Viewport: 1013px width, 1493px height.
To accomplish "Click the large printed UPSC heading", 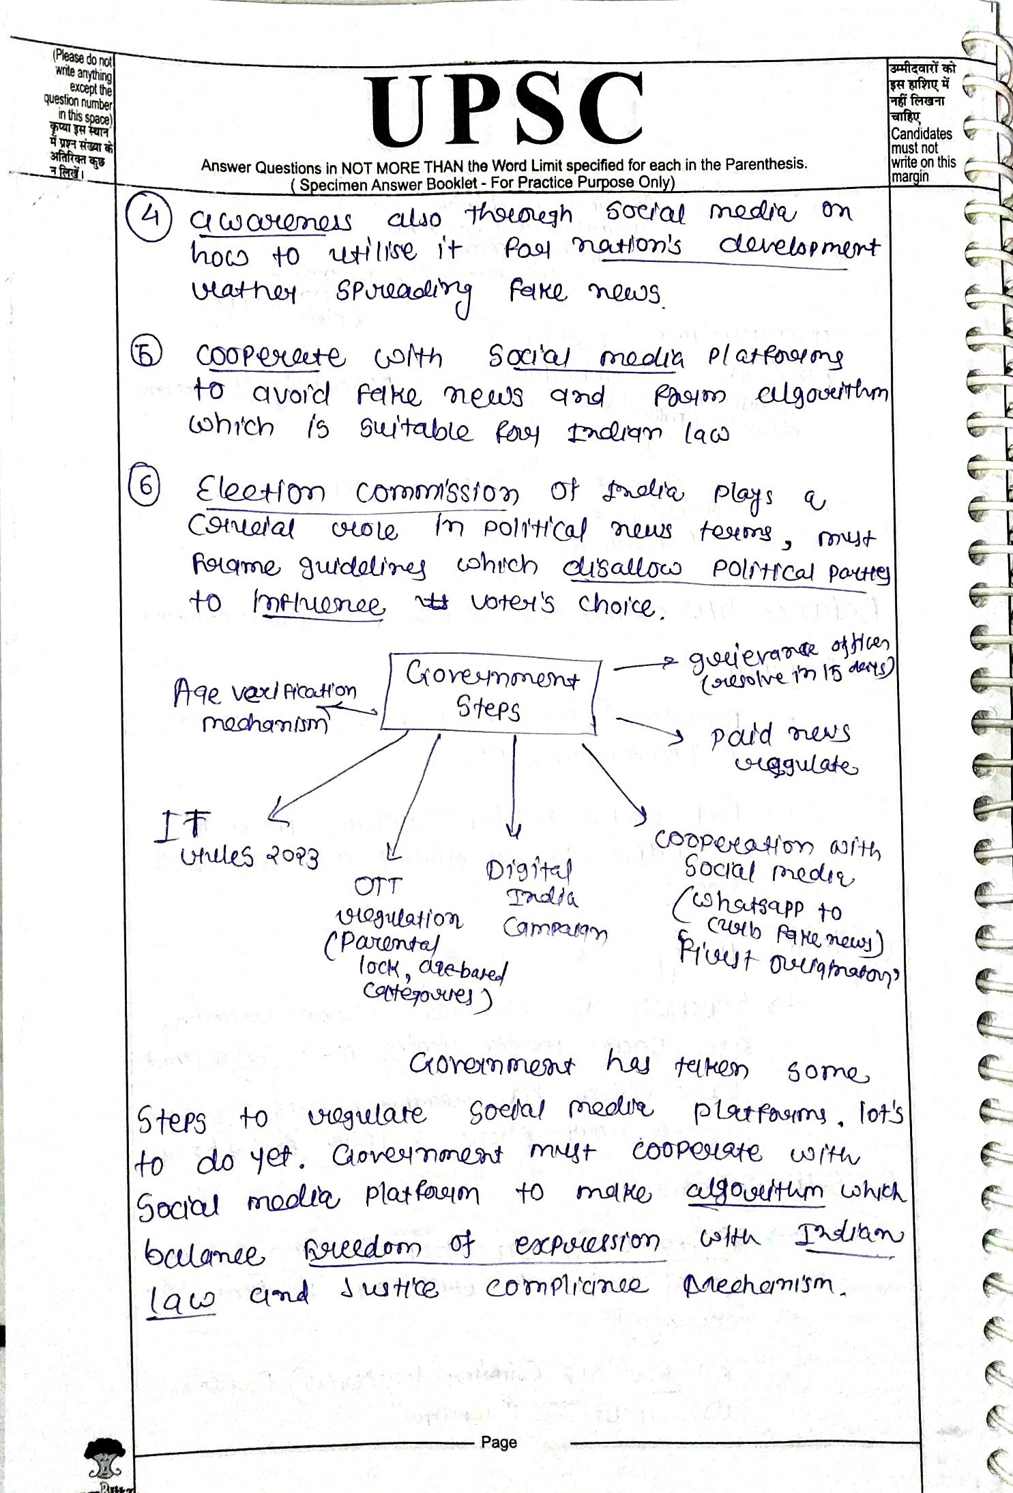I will coord(505,111).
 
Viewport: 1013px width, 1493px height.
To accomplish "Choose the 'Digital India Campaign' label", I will coord(546,899).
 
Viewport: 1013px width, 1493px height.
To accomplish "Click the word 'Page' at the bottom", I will coord(499,1442).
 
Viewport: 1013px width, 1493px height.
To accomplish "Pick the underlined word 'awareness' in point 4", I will coord(271,222).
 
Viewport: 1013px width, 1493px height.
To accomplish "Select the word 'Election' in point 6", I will coord(260,490).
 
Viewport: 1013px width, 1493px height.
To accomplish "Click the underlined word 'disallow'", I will coord(621,568).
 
